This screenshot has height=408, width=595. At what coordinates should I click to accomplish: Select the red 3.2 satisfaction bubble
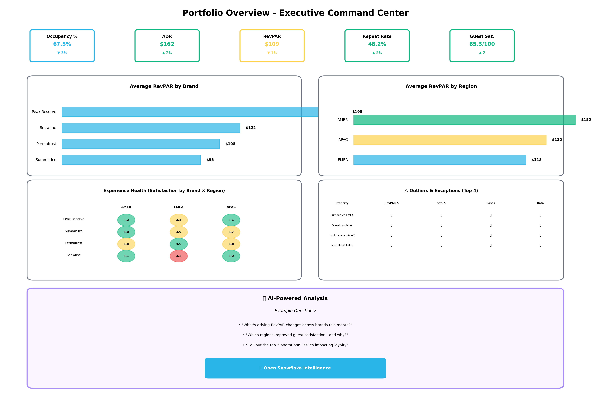[179, 256]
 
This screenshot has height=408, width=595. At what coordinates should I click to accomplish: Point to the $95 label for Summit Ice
[210, 160]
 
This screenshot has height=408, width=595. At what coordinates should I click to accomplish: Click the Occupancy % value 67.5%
[62, 44]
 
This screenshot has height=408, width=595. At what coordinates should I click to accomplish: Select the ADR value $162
[167, 44]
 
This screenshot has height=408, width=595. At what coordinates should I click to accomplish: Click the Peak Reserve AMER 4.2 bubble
[126, 220]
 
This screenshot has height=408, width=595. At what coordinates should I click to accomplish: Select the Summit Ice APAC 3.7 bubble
[231, 232]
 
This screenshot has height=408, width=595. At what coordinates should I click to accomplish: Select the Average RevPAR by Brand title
[164, 86]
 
